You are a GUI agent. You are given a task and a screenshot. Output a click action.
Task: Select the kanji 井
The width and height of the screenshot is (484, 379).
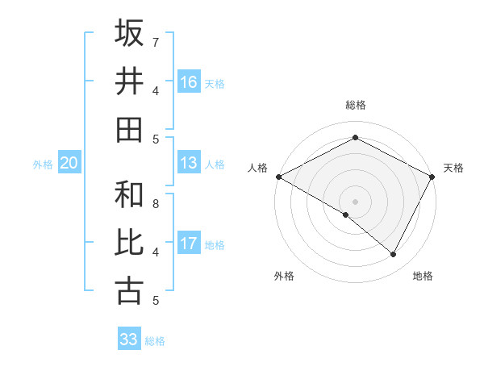point(129,81)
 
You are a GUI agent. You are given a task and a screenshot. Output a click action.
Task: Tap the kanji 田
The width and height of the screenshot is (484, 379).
point(129,130)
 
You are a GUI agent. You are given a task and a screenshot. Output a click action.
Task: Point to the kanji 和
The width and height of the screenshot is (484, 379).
point(129,194)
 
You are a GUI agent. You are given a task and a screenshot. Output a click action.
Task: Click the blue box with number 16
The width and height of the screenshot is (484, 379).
point(189,82)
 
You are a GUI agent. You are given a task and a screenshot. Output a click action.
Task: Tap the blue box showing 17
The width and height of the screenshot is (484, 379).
point(189,244)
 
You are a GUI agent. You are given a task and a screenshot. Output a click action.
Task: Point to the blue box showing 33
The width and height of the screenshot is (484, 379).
point(128,339)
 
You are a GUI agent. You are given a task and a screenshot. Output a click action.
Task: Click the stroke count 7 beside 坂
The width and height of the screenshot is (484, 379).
point(156,42)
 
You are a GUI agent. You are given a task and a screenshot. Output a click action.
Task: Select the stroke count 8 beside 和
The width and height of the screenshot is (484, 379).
point(156,203)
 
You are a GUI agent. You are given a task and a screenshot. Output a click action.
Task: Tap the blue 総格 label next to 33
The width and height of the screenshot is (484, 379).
point(155,341)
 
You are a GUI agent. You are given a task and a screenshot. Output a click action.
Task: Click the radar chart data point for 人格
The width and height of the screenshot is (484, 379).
point(278,177)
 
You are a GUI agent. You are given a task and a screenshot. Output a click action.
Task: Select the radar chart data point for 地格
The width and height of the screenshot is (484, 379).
point(394,254)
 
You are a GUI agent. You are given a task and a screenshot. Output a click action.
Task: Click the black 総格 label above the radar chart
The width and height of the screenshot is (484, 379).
point(356,105)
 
